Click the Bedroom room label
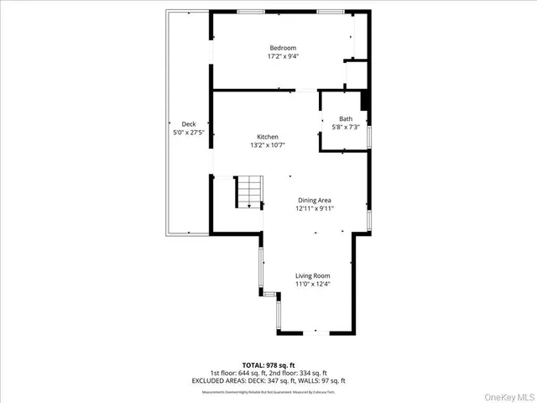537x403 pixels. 284,48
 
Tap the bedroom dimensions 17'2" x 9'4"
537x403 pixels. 284,57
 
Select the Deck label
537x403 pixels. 189,123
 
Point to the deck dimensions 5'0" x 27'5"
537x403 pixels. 189,133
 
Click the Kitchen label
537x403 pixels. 268,137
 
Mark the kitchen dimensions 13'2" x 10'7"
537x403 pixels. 268,146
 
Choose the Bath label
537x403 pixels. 346,118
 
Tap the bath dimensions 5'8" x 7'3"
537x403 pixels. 346,128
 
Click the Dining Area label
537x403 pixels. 315,200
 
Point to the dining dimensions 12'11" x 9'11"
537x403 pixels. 315,209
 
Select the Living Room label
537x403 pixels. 312,275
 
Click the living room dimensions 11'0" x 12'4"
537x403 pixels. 312,285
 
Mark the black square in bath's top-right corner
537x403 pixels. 365,99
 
